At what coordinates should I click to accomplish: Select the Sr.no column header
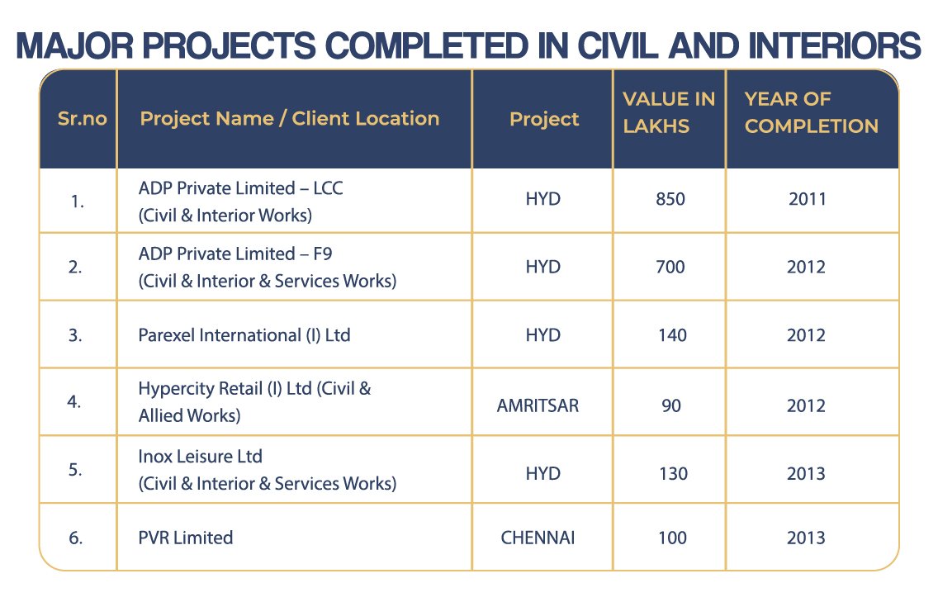click(82, 118)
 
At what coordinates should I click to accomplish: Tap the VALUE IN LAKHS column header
click(669, 112)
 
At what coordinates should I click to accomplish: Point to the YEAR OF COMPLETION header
click(812, 112)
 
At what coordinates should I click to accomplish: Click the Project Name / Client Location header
click(289, 118)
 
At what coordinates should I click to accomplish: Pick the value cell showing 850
click(670, 199)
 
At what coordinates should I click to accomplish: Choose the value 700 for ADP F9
click(670, 267)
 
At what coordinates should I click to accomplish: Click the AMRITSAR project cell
click(542, 405)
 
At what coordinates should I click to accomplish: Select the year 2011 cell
click(807, 199)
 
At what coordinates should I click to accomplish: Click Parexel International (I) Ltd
click(244, 335)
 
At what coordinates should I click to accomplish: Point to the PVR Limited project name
click(186, 538)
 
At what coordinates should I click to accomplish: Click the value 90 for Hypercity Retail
click(670, 405)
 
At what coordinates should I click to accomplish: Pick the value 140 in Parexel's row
click(670, 335)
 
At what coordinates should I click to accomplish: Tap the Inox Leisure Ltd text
click(201, 457)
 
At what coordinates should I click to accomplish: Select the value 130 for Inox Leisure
click(670, 473)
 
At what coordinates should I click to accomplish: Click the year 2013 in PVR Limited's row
click(807, 538)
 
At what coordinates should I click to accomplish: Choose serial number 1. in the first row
click(77, 199)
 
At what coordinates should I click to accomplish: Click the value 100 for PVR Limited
click(672, 538)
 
